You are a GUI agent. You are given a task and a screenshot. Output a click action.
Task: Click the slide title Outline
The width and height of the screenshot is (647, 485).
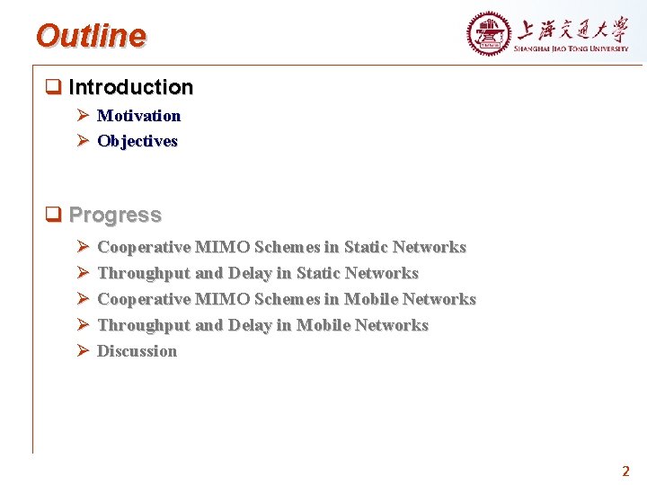coord(91,36)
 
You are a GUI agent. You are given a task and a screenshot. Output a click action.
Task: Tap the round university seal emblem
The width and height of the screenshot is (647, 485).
coord(488,34)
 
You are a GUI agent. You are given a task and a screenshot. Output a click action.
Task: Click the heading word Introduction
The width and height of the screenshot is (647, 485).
coord(130,87)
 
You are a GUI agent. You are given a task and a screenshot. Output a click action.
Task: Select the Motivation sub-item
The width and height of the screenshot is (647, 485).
coord(138,116)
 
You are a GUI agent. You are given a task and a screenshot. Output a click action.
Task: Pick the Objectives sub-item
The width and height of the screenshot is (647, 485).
coord(137,141)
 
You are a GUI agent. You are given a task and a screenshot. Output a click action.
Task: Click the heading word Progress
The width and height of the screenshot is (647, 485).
coord(115,215)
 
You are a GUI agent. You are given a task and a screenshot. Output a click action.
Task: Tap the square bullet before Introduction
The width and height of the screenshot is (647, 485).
coord(53,87)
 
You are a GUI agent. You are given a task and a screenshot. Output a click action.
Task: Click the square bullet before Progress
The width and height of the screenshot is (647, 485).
coord(53,215)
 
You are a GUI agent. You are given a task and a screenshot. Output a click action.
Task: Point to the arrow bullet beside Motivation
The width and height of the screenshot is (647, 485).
coord(81,116)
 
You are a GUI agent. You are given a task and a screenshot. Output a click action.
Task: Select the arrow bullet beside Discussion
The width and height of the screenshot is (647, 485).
coord(81,351)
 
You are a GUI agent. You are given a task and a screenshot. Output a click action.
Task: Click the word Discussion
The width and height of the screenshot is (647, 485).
coord(137,351)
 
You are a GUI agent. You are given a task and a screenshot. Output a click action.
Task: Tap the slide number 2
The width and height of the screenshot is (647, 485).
coord(625,471)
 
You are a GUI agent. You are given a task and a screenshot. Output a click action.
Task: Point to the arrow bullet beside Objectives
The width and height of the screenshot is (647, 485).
coord(81,141)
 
